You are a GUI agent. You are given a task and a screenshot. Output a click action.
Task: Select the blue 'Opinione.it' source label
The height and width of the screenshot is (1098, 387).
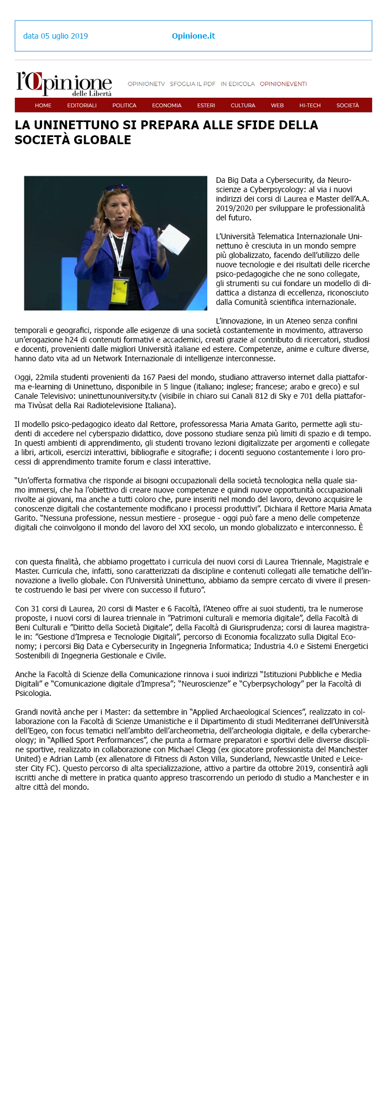193,36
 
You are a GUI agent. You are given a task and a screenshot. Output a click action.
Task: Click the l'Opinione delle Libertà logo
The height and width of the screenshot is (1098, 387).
64,84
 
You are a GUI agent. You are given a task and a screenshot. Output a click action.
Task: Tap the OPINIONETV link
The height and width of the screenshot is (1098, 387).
146,84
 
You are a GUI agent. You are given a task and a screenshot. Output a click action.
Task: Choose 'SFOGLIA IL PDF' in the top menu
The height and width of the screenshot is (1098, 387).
192,84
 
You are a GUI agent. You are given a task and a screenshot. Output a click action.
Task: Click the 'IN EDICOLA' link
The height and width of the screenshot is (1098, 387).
238,84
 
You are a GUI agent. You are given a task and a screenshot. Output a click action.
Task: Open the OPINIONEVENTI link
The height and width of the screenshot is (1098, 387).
283,84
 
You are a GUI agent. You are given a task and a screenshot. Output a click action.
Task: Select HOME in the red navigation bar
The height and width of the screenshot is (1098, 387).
43,105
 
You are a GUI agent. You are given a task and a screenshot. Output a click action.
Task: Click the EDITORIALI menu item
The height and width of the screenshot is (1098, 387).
82,105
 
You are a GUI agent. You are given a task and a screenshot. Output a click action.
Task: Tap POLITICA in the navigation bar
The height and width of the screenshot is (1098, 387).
124,105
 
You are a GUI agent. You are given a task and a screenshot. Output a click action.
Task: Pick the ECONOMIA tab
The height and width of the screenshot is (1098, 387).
166,105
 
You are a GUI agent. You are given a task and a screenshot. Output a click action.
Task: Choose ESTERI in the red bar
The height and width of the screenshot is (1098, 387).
206,105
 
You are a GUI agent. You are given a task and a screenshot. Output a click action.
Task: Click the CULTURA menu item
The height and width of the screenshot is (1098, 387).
243,105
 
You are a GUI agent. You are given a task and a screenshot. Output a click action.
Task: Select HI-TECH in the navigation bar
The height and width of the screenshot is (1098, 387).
310,105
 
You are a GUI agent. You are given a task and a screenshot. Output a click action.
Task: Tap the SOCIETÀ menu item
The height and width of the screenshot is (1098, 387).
348,105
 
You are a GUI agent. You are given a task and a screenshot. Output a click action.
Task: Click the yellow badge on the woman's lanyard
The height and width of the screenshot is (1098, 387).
120,288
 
